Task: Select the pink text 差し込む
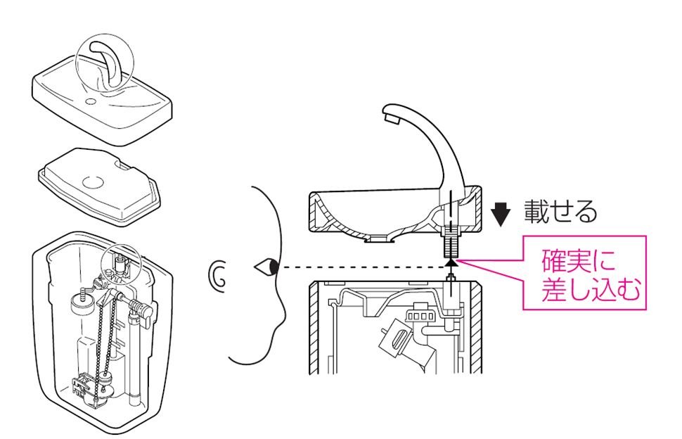click(592, 291)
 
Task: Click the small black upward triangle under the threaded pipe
click(450, 263)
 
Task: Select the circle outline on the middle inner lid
click(93, 181)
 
